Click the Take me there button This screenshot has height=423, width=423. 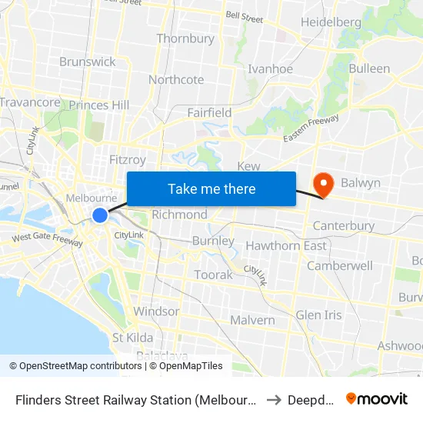tap(211, 188)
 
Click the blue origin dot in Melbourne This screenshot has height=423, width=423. tap(100, 215)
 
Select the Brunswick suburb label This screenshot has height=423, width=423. tap(87, 62)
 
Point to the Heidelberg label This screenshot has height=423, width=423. tap(331, 22)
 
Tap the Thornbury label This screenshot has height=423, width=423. tap(185, 38)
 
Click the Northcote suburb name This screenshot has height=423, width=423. tap(176, 80)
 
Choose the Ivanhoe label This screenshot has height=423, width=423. tap(270, 68)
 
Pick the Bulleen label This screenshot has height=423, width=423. tap(369, 68)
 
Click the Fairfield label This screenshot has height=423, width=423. tap(209, 112)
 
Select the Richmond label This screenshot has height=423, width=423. tap(179, 215)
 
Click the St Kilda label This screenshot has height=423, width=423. tap(132, 338)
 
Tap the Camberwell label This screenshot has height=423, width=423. tap(339, 265)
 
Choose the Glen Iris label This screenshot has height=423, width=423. tap(318, 315)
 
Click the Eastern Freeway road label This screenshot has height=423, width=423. tap(311, 128)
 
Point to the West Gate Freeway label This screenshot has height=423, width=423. tap(47, 240)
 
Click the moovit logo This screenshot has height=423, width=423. tap(376, 399)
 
